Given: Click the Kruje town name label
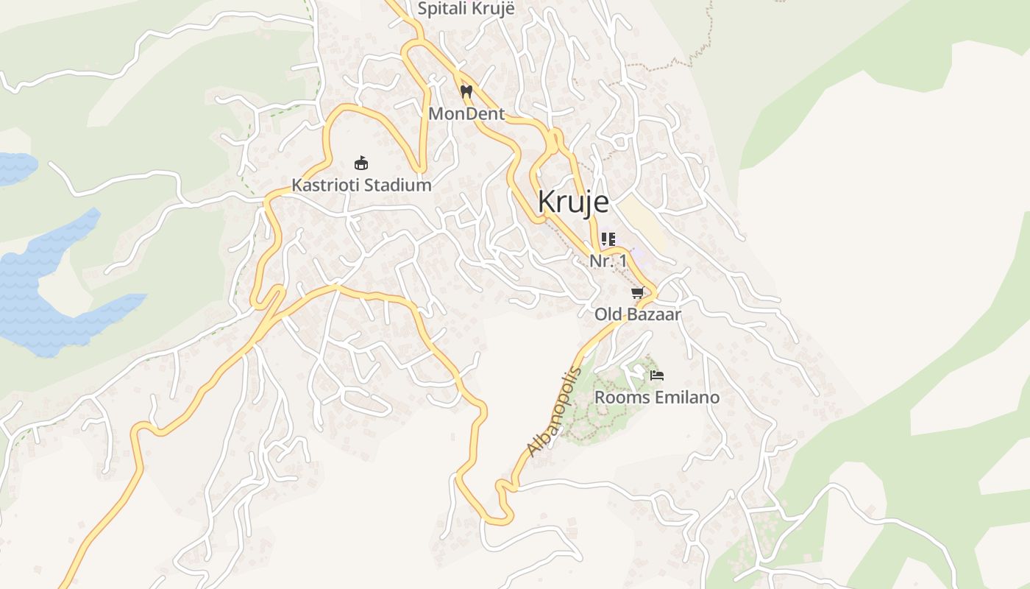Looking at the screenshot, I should coord(573,201).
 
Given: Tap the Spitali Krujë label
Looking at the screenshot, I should coord(466,9).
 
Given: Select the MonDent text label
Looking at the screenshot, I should coord(466,114).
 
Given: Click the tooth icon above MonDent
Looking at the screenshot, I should coord(466,92).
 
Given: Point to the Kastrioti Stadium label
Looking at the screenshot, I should coord(361,185).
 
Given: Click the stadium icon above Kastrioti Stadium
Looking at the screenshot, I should coord(361,163).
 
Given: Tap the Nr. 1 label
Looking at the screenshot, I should coord(608,261).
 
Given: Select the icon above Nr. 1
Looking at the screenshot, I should coord(608,239).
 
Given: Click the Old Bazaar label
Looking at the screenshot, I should coord(638,314).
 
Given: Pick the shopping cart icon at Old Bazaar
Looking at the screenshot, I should coord(638,293).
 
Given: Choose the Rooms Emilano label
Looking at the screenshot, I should coord(657,398).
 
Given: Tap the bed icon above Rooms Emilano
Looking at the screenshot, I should coord(657,375).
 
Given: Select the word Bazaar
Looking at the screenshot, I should coord(653,314).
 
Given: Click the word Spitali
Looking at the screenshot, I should coord(441,9).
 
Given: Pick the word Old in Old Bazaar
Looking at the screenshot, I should coord(608,314).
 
